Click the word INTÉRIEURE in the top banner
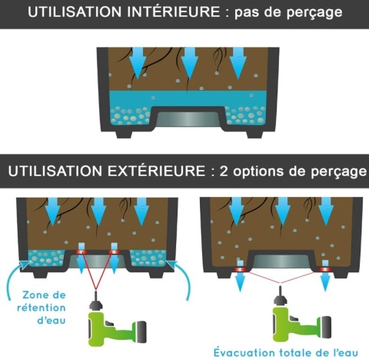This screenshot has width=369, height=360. coord(174,12)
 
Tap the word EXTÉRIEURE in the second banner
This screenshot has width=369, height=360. coord(156,171)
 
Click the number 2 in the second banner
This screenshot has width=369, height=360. coord(224,172)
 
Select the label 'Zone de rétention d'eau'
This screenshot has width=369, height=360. coord(42,308)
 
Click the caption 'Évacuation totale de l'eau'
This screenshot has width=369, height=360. coord(286,352)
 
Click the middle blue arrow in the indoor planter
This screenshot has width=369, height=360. coord(189,63)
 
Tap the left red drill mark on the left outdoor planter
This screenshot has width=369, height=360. coord(81,252)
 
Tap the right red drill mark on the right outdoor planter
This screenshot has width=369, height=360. coord(324,269)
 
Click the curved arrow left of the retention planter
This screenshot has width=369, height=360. coord(16,277)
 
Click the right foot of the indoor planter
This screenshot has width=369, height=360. coord(254,134)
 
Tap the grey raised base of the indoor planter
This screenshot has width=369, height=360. coord(189,119)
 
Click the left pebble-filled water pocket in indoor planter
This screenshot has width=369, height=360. coord(130,116)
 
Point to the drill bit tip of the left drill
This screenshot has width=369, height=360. coord(96,292)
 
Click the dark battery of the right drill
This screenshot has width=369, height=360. coord(326,327)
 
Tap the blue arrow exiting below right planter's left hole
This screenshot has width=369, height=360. coord(240,281)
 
